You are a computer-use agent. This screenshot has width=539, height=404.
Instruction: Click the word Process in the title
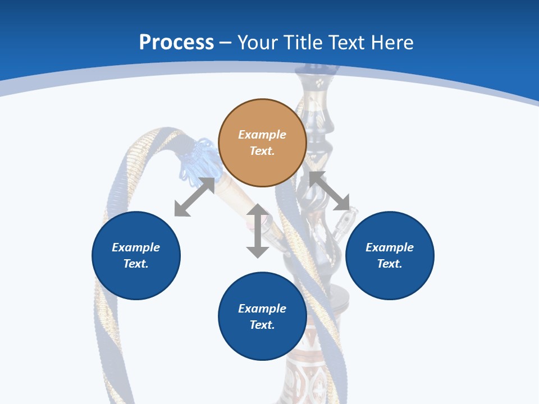(176, 43)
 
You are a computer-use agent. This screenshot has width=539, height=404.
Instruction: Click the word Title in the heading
(303, 43)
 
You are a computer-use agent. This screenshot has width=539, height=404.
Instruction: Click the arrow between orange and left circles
(194, 197)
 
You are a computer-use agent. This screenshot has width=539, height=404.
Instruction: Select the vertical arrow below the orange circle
(258, 231)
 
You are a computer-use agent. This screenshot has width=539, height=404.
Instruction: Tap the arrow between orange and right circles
(330, 191)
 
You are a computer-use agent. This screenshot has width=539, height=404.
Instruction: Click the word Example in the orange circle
(262, 135)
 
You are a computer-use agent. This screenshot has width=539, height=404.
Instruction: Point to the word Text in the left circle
(136, 264)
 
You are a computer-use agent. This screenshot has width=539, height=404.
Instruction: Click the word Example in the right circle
(390, 247)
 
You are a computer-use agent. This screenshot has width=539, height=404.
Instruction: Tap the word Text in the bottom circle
(262, 325)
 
